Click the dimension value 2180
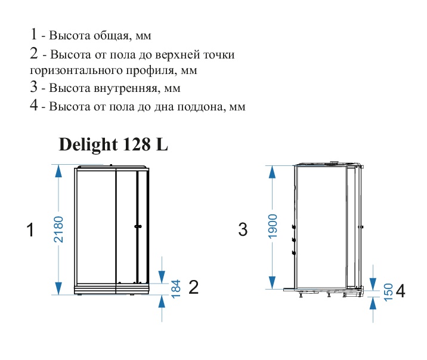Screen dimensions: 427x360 click(x=58, y=229)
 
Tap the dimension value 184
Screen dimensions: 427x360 click(x=176, y=288)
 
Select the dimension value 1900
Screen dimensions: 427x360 click(x=273, y=226)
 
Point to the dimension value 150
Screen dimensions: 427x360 click(x=388, y=292)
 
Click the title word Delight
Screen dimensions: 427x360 click(x=88, y=144)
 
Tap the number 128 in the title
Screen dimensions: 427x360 click(x=137, y=144)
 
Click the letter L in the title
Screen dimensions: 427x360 click(x=162, y=144)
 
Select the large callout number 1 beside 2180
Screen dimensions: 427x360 click(x=30, y=229)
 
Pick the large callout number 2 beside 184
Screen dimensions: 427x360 click(x=194, y=287)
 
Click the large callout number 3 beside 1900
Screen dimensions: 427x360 click(x=243, y=229)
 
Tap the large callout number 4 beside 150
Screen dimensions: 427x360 click(x=400, y=291)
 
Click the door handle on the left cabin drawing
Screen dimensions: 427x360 click(x=138, y=226)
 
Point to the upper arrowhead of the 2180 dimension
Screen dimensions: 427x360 click(x=58, y=171)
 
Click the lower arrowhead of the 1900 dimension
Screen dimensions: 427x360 click(x=273, y=282)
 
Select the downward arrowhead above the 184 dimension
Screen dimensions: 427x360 click(x=162, y=277)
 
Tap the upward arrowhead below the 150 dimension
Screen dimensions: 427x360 click(x=373, y=303)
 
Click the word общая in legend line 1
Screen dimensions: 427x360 click(x=111, y=36)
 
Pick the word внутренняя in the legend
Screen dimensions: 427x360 click(x=127, y=88)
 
